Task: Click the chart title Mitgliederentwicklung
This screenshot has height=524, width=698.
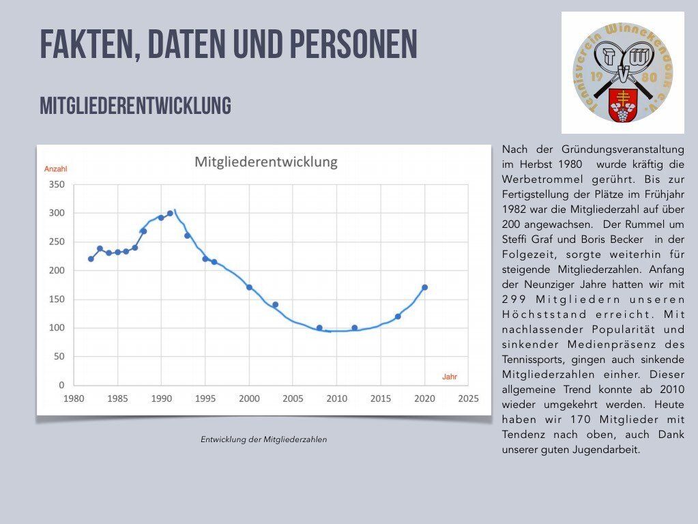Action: [266, 162]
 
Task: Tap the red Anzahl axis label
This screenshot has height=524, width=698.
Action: [56, 169]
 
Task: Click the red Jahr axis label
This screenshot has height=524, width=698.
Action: [450, 377]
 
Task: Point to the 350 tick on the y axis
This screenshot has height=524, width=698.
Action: [56, 185]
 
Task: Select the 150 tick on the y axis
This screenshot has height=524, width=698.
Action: [56, 299]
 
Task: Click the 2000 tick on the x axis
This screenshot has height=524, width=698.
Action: [249, 398]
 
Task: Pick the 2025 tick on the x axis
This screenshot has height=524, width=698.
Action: [468, 398]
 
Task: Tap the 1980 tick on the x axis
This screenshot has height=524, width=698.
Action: [74, 398]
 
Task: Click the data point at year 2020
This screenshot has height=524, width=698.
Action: [424, 287]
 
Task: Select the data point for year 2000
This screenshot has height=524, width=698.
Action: [249, 287]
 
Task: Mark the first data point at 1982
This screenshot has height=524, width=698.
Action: [91, 259]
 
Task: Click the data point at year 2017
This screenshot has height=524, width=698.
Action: [398, 317]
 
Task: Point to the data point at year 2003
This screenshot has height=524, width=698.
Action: [275, 304]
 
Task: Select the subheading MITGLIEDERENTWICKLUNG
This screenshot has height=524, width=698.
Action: [135, 106]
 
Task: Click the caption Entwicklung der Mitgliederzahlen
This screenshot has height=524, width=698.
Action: [263, 439]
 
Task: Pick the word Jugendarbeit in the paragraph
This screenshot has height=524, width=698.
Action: [604, 450]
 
